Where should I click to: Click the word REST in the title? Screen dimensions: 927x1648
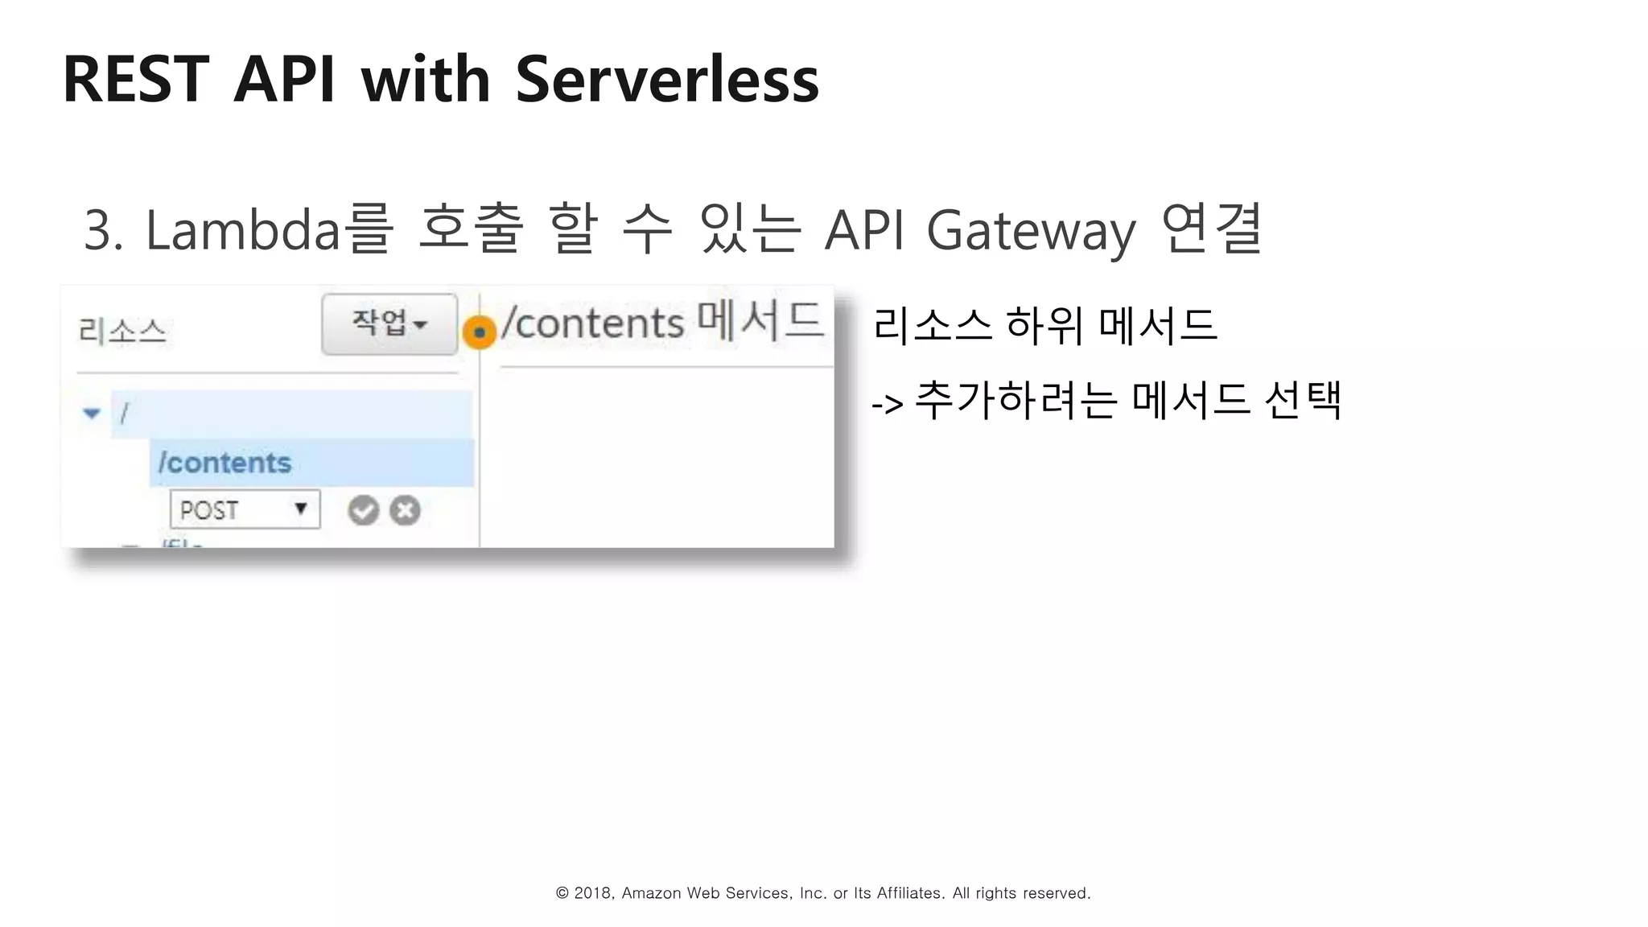point(136,79)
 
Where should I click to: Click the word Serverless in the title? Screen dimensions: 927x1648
point(666,79)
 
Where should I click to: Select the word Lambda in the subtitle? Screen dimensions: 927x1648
point(242,230)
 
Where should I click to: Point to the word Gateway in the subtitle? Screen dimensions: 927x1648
point(1031,230)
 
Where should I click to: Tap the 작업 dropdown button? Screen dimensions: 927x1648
point(389,323)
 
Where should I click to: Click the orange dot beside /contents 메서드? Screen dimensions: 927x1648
point(480,332)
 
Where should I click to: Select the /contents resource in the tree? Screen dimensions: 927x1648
point(225,463)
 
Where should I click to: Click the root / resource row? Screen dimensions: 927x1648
point(290,414)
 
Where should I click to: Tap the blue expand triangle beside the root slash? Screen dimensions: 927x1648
point(92,414)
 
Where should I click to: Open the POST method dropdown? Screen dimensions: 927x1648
point(245,509)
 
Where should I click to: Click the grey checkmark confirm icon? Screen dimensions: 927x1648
point(363,510)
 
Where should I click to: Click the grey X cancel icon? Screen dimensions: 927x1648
point(405,510)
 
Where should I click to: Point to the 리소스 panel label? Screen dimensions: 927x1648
point(122,331)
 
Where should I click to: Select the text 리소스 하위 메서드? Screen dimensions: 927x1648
point(1044,325)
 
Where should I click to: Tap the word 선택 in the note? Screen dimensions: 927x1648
point(1302,400)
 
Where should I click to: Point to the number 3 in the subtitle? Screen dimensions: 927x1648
point(98,230)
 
